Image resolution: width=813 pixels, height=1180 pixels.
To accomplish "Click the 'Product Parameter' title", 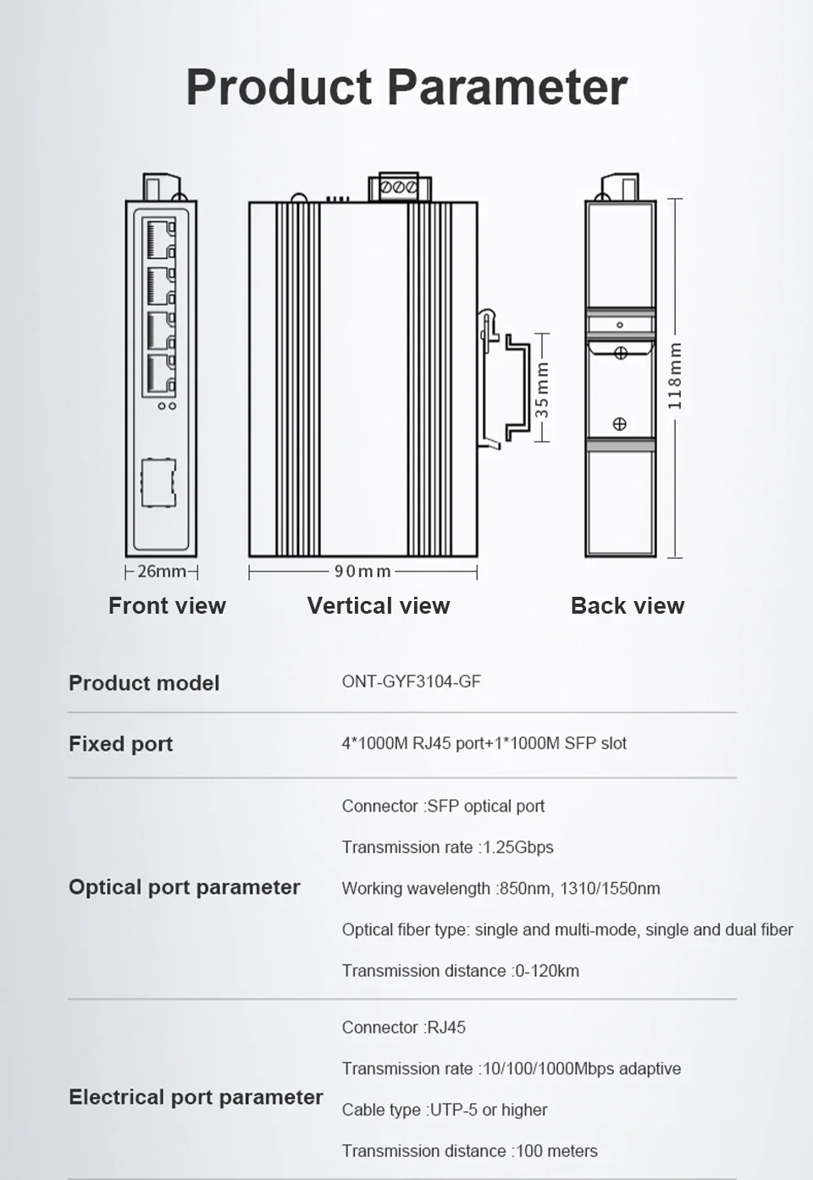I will pos(406,87).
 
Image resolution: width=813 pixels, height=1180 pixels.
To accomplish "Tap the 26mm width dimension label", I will pos(161,571).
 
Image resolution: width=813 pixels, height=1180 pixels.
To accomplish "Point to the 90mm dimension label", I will pos(362,571).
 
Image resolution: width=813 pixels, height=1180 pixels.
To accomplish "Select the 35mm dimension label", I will pos(542,389).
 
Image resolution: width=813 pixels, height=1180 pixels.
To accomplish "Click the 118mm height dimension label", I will pos(675,376).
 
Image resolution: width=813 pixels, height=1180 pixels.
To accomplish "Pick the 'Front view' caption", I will pos(167,605).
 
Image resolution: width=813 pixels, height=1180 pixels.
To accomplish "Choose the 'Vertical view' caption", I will pos(379,605).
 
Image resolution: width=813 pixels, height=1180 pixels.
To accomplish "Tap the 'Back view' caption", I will pos(628,605).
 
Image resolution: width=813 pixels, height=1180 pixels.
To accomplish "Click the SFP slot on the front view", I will pos(158,482).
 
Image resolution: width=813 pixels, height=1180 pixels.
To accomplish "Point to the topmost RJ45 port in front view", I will pos(159,239).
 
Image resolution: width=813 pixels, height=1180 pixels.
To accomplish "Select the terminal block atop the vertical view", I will pos(399,186).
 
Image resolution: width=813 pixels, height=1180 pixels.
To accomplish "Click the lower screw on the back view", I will pos(620,424).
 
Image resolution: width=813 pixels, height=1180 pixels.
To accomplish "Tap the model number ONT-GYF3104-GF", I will pos(411,681).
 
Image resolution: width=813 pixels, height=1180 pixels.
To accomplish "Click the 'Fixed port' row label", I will pos(120,744).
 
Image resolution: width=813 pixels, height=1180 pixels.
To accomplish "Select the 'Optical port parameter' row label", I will pos(185,887).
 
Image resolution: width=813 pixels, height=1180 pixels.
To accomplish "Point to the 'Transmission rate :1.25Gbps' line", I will pos(447,847).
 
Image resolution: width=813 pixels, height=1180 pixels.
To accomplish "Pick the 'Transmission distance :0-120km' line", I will pos(461,971).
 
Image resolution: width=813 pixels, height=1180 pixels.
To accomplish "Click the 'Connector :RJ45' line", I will pos(404,1028).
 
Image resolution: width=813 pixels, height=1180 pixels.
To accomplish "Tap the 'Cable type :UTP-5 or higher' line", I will pos(445,1110).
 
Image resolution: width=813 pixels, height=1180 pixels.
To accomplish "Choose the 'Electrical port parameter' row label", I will pos(196,1097).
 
